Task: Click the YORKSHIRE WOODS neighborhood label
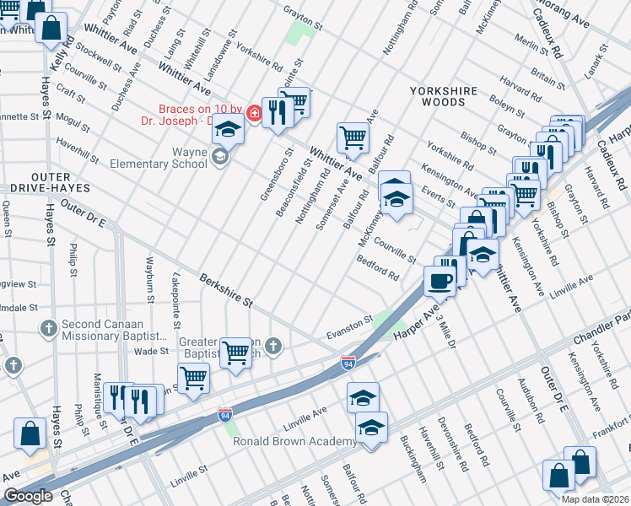[444, 96]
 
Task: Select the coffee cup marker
[439, 280]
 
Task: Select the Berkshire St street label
[226, 289]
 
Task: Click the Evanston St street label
[350, 324]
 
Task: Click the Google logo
[27, 496]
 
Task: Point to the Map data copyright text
[595, 499]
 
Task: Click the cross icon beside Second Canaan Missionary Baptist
[49, 327]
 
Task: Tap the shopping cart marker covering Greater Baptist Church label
[235, 353]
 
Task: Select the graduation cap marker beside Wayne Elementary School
[227, 128]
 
